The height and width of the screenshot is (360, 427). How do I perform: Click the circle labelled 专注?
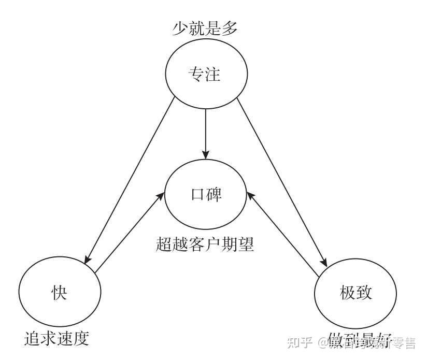(x=205, y=75)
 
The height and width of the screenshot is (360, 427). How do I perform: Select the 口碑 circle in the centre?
(x=205, y=194)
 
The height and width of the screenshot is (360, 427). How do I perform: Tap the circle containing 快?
(x=59, y=293)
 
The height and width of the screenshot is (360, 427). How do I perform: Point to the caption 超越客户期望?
(x=205, y=244)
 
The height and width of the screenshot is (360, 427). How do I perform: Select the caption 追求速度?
(x=57, y=338)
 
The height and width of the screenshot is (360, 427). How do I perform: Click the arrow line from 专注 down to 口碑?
(x=205, y=129)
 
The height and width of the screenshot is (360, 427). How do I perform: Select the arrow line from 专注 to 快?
(x=130, y=181)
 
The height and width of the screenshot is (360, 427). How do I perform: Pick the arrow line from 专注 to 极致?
(x=282, y=181)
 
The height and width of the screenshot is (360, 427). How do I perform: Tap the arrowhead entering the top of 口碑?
(x=205, y=154)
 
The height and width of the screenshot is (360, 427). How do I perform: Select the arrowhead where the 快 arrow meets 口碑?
(x=161, y=195)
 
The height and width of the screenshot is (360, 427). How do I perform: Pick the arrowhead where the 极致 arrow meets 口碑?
(x=250, y=195)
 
